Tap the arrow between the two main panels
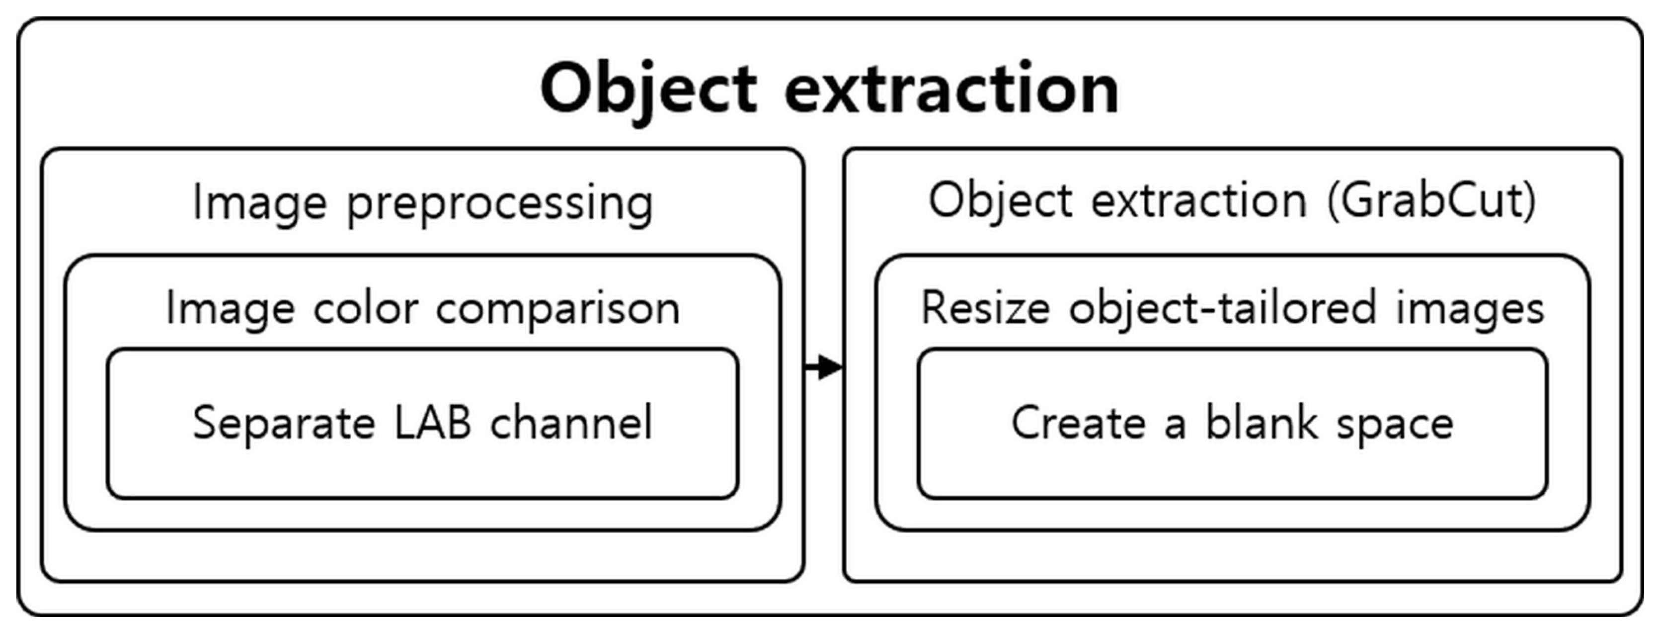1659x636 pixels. pos(824,367)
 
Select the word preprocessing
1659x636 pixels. pos(500,203)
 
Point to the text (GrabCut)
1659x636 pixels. pos(1431,200)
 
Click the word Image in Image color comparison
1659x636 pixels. pos(231,309)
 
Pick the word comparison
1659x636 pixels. pos(558,309)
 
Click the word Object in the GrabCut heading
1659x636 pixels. pos(1000,200)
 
